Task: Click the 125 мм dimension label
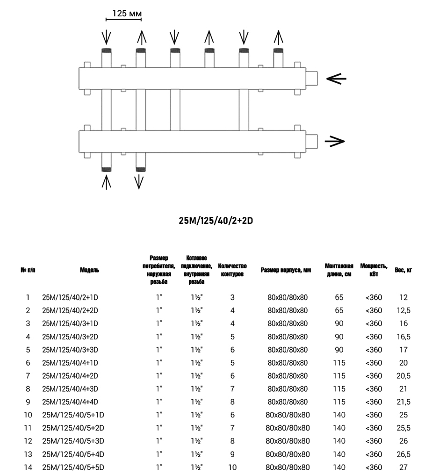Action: coord(123,14)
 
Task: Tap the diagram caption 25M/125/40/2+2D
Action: coord(216,221)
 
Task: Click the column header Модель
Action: coord(89,270)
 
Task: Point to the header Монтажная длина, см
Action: coord(339,270)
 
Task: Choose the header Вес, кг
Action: coord(403,270)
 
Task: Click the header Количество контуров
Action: coord(232,270)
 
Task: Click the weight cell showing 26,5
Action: coord(403,454)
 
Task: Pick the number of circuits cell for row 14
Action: coord(232,467)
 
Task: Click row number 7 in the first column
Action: coord(28,375)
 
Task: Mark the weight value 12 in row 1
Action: coord(403,297)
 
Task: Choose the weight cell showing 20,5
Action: coord(403,375)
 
